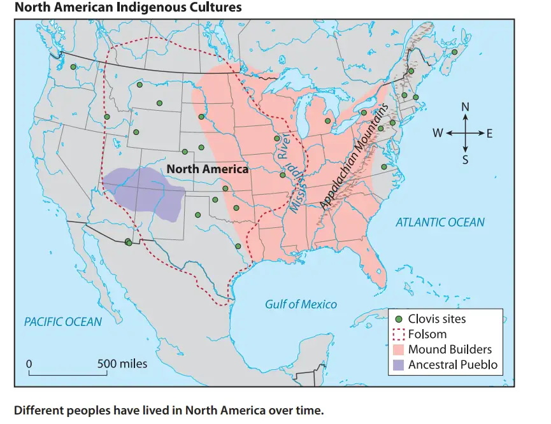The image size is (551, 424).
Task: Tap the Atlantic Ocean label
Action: pos(440,222)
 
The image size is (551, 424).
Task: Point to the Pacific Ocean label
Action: pos(63,322)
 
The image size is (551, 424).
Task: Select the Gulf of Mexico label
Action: pos(301,304)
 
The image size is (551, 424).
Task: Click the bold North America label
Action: pos(207,169)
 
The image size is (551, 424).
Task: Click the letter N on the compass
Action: pos(465,107)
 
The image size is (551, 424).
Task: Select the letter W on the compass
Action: pos(438,133)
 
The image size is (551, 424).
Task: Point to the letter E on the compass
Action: pos(490,133)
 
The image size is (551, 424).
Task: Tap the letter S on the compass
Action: pos(465,159)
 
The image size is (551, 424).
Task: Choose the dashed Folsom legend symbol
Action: pos(399,334)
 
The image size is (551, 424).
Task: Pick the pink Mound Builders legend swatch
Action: pos(399,350)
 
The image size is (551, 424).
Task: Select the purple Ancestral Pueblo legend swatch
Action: pos(399,365)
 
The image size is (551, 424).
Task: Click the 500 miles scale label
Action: pos(122,364)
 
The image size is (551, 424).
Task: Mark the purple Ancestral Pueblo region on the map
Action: pos(143,191)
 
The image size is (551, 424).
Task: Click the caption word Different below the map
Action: pos(40,409)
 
